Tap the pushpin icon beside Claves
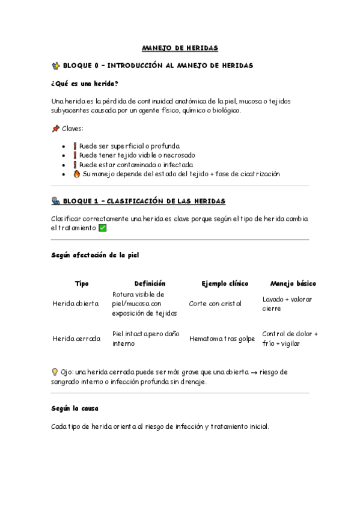(56, 129)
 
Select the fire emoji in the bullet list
(76, 174)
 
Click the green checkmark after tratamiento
(102, 228)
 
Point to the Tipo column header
(82, 283)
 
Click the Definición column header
(150, 283)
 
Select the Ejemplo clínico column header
(224, 283)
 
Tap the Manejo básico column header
(293, 283)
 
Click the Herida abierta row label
(76, 304)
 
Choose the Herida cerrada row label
(76, 339)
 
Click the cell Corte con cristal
(215, 304)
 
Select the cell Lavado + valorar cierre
(287, 304)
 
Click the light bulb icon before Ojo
(56, 372)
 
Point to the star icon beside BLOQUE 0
(56, 65)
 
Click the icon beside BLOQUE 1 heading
(56, 201)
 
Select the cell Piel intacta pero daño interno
(145, 338)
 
